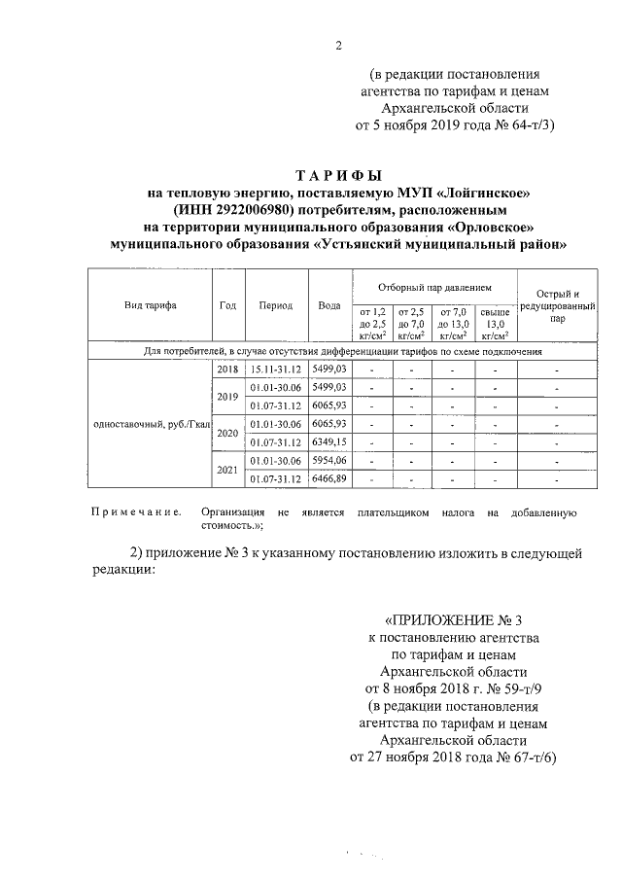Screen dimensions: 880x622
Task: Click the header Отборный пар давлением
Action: click(434, 289)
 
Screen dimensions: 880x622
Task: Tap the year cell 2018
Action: click(228, 370)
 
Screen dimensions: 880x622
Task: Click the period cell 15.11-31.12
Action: click(276, 370)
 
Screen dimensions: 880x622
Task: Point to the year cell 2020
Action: click(228, 433)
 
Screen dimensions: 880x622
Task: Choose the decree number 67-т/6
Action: click(528, 757)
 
